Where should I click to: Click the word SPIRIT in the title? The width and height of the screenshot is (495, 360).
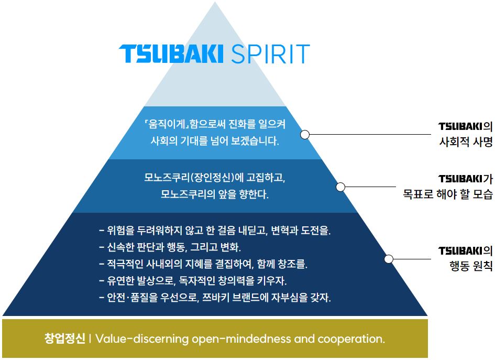click(270, 53)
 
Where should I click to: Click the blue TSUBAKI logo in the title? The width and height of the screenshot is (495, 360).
click(171, 53)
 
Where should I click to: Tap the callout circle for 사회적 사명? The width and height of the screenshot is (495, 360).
click(305, 135)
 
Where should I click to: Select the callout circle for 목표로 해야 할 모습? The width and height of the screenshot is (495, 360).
click(340, 187)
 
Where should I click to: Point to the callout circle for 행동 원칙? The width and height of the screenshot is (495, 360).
click(389, 259)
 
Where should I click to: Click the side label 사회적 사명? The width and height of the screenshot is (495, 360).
click(466, 142)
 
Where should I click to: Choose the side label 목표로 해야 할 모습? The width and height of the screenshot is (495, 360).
click(448, 193)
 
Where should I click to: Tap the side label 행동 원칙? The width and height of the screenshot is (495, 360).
click(471, 266)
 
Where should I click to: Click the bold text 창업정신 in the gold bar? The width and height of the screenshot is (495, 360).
click(65, 339)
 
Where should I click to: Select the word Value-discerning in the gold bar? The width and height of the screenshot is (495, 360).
click(142, 339)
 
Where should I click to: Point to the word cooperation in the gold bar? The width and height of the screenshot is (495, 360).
click(351, 339)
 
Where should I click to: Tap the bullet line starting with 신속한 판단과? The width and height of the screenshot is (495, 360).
click(170, 247)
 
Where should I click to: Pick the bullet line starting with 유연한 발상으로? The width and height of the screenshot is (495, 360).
click(193, 280)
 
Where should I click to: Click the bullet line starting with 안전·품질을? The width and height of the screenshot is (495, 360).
click(215, 298)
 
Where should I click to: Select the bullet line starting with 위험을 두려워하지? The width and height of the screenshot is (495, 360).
click(215, 230)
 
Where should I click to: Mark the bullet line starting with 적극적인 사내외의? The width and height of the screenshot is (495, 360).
click(203, 264)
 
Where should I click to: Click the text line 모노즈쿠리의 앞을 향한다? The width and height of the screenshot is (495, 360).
click(215, 194)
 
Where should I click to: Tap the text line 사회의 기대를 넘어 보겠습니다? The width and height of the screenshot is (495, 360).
click(215, 140)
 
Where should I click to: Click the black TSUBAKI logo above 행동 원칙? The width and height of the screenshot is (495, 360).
click(460, 251)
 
